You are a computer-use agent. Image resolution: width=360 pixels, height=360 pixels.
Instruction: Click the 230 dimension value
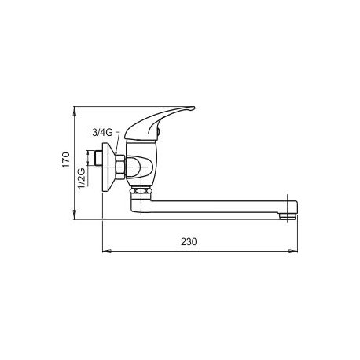tap(187, 242)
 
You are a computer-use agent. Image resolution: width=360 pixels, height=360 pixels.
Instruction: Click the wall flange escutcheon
tap(109, 168)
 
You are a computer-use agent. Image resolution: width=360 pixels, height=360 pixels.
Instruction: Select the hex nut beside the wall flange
tap(119, 167)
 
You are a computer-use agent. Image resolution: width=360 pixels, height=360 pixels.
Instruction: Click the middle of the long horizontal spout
tap(212, 209)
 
